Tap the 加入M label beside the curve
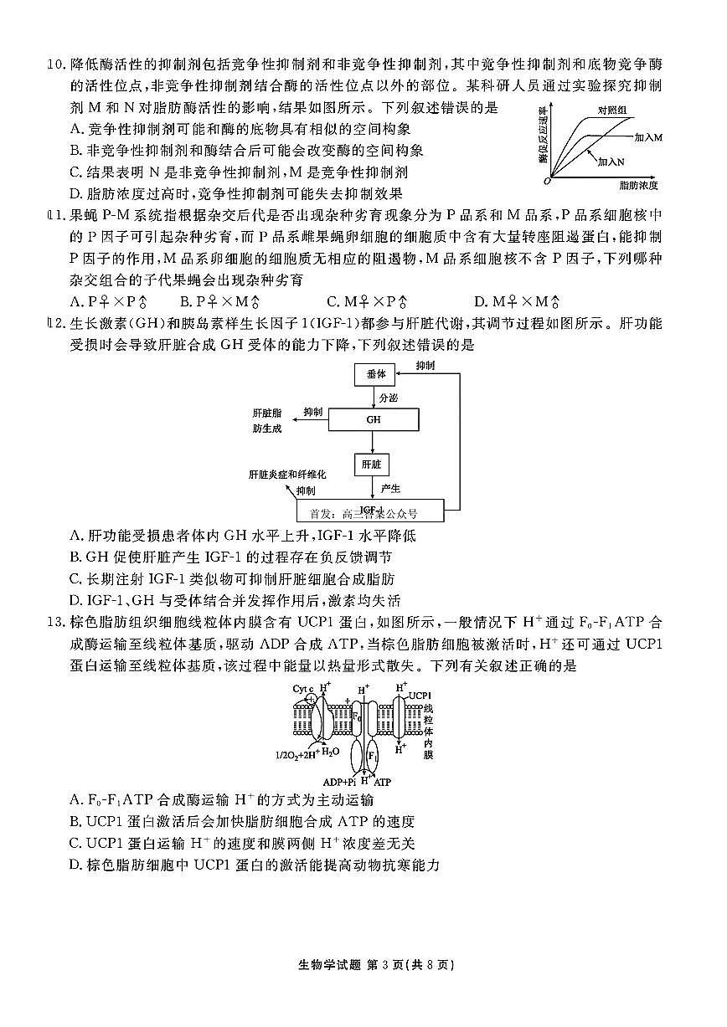(648, 136)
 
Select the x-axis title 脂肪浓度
(638, 184)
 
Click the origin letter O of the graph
(546, 180)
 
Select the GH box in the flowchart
(373, 419)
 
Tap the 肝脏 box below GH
(371, 463)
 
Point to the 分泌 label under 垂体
(389, 398)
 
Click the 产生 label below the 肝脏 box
(390, 488)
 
